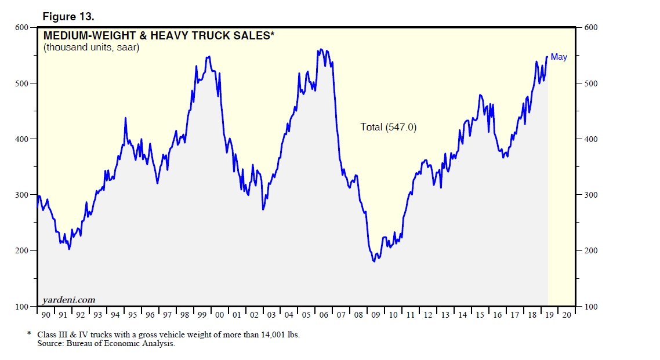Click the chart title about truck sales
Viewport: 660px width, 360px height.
click(158, 36)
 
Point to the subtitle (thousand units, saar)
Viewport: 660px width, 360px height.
click(91, 48)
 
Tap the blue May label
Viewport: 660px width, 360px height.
click(559, 57)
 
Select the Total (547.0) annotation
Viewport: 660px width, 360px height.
click(388, 127)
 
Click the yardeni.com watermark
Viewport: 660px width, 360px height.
click(69, 300)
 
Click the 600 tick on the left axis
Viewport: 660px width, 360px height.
click(21, 27)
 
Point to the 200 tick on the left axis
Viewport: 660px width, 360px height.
click(21, 250)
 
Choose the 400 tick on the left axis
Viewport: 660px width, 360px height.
click(21, 139)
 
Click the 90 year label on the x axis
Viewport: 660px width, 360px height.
click(46, 315)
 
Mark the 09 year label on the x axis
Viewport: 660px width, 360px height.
click(376, 315)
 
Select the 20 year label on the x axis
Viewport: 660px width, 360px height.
click(567, 315)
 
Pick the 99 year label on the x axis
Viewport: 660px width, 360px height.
click(202, 315)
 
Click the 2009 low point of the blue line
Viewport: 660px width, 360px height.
click(374, 261)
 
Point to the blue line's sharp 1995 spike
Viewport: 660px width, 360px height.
click(125, 118)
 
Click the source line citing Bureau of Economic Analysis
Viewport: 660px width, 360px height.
click(106, 344)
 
